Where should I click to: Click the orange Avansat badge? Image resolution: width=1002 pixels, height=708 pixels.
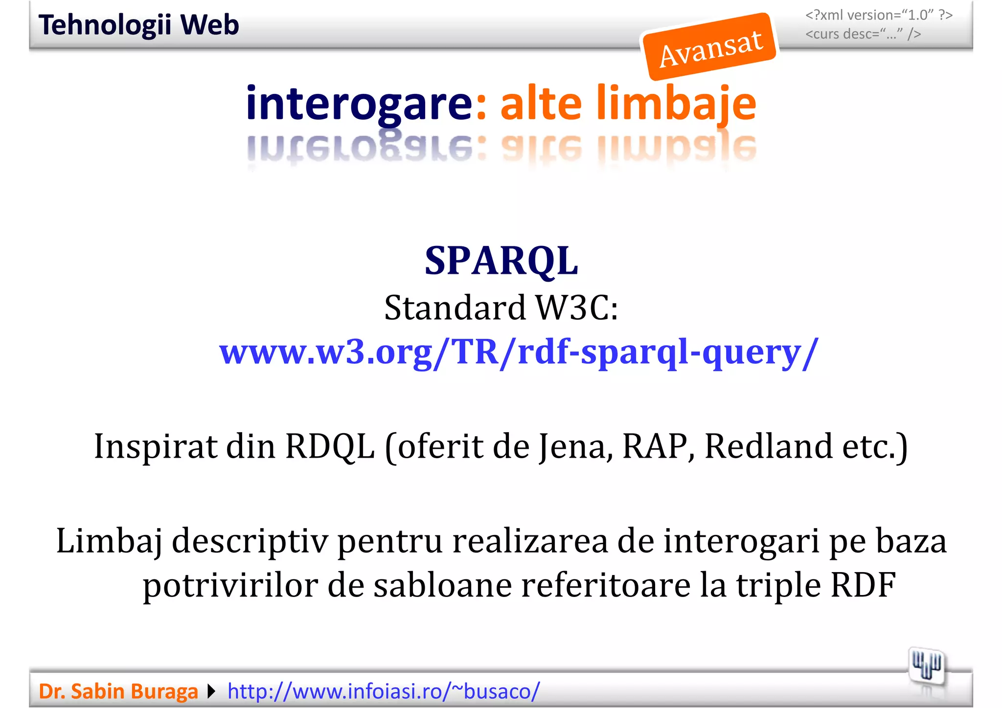point(710,47)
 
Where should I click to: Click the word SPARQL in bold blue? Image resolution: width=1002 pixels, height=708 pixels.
point(501,261)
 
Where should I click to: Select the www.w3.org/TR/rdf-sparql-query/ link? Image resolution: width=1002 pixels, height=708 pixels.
point(518,352)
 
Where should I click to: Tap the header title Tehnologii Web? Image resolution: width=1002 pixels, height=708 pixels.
point(138,25)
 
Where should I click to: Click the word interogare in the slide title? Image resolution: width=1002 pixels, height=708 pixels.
point(359,103)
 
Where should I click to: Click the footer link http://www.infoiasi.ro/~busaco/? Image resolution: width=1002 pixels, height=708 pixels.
point(384,691)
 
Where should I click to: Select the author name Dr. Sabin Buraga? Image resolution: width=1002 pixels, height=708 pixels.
point(118,691)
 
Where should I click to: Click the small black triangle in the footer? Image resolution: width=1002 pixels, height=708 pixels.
point(211,691)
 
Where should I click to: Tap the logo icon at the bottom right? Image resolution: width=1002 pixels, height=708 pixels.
point(927,666)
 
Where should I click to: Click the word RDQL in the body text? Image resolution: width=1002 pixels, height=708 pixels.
point(330,446)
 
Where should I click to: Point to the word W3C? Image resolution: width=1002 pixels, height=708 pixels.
point(576,308)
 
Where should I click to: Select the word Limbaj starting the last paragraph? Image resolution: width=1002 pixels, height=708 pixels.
point(109,542)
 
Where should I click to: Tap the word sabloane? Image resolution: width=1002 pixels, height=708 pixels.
point(442,585)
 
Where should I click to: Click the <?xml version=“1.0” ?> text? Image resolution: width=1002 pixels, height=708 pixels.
point(879,15)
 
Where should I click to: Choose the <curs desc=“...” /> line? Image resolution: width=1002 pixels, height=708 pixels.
point(863,34)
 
